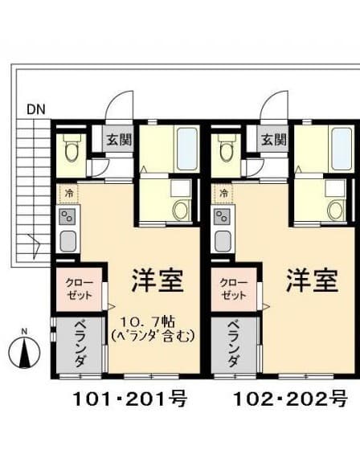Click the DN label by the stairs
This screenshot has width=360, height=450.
click(36, 109)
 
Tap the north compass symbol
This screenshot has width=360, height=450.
click(24, 352)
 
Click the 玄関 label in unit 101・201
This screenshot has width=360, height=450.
click(119, 140)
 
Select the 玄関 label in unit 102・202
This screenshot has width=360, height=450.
click(274, 140)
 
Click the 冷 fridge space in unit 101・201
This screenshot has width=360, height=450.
click(68, 194)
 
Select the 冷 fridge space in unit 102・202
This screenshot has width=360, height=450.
click(223, 194)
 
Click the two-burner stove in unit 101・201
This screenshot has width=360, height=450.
click(67, 217)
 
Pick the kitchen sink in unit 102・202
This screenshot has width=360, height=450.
click(223, 241)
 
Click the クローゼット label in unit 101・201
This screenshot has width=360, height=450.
click(80, 289)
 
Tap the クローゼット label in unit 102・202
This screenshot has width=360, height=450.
click(233, 289)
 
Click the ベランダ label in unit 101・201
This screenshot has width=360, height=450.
click(80, 345)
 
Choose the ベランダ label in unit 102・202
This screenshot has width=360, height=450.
click(233, 345)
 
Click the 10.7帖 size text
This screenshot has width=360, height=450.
click(147, 322)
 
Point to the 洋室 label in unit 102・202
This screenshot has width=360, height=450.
click(313, 280)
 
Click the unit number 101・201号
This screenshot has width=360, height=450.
click(130, 399)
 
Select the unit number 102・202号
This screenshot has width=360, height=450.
click(291, 399)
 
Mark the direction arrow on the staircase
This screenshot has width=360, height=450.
click(35, 246)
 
